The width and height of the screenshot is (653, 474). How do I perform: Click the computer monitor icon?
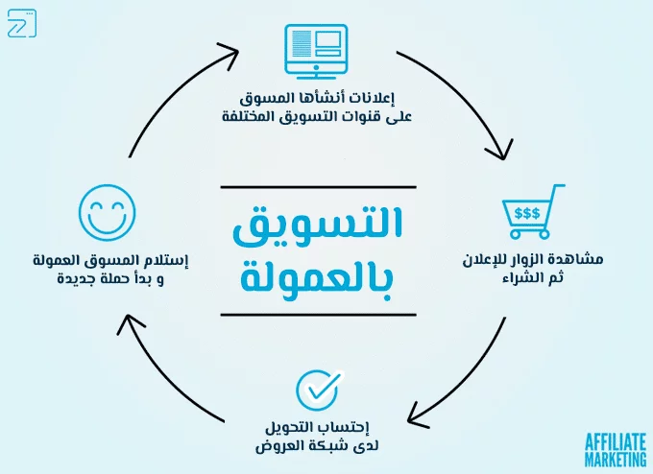(316, 51)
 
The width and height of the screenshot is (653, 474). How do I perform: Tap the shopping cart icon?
(531, 212)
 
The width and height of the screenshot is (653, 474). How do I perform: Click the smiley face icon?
(107, 212)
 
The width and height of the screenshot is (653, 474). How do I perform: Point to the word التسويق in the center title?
(318, 222)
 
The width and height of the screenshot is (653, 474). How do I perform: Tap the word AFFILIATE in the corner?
(616, 440)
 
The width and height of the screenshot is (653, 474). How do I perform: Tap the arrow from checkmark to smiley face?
(168, 379)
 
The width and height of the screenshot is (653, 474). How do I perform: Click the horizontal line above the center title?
(318, 186)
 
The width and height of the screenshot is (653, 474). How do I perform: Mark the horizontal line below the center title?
(318, 314)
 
